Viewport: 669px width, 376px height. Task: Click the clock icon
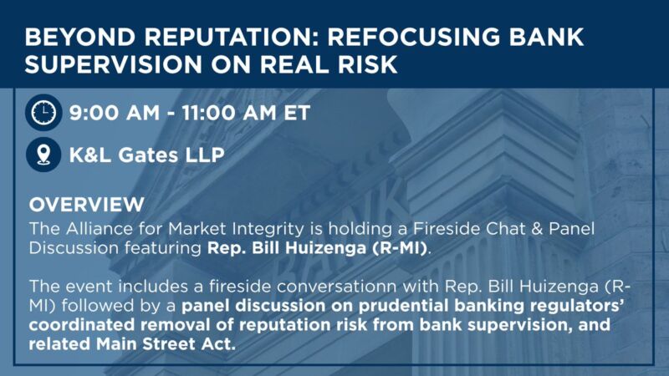[x=43, y=113]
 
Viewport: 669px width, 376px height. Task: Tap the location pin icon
[x=43, y=155]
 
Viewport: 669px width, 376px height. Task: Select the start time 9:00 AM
[x=115, y=113]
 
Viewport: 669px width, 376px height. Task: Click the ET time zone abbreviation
[x=297, y=113]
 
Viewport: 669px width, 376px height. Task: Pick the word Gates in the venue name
[x=148, y=155]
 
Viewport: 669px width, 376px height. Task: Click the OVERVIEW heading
[x=87, y=205]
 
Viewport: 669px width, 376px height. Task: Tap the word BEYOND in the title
[x=80, y=37]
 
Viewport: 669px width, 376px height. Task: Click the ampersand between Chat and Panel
[x=537, y=229]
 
